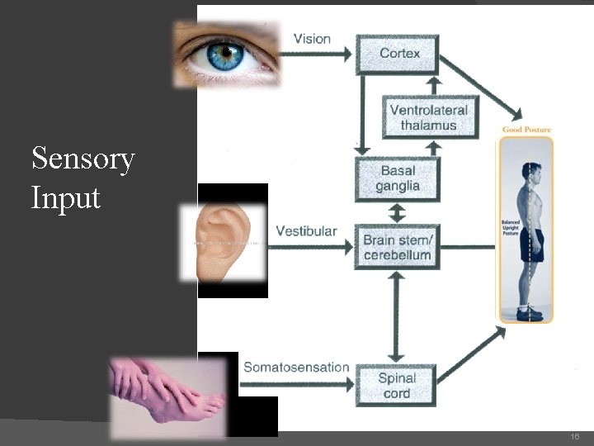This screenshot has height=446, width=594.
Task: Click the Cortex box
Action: [398, 54]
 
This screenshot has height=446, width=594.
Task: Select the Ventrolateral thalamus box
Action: [428, 117]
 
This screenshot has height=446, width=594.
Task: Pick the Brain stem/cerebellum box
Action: [397, 246]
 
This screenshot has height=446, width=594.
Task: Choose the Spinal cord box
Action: [397, 385]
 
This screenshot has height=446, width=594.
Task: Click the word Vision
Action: [312, 38]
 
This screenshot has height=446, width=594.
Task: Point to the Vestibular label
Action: [306, 230]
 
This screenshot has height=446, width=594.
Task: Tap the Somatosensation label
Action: [296, 368]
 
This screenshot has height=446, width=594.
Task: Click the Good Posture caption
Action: [526, 130]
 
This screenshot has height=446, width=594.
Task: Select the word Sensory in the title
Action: [82, 159]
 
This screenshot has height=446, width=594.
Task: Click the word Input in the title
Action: [65, 198]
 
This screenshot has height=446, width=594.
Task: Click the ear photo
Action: [224, 240]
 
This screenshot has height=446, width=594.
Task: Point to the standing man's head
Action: [533, 173]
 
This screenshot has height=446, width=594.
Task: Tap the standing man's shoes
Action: [529, 313]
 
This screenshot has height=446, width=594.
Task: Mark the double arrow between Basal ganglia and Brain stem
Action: [397, 212]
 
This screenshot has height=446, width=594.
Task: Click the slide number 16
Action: [575, 436]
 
